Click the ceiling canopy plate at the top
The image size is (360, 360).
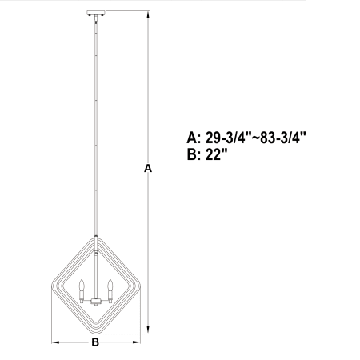click(x=96, y=13)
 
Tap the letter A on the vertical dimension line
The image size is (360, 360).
click(x=148, y=169)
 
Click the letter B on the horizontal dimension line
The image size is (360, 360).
click(x=95, y=342)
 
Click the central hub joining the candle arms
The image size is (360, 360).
click(x=96, y=302)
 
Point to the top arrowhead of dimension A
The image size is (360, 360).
click(x=148, y=14)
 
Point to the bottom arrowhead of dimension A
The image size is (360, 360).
click(x=148, y=330)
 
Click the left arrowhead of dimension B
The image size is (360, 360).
click(x=55, y=342)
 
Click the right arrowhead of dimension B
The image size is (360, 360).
click(x=136, y=342)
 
